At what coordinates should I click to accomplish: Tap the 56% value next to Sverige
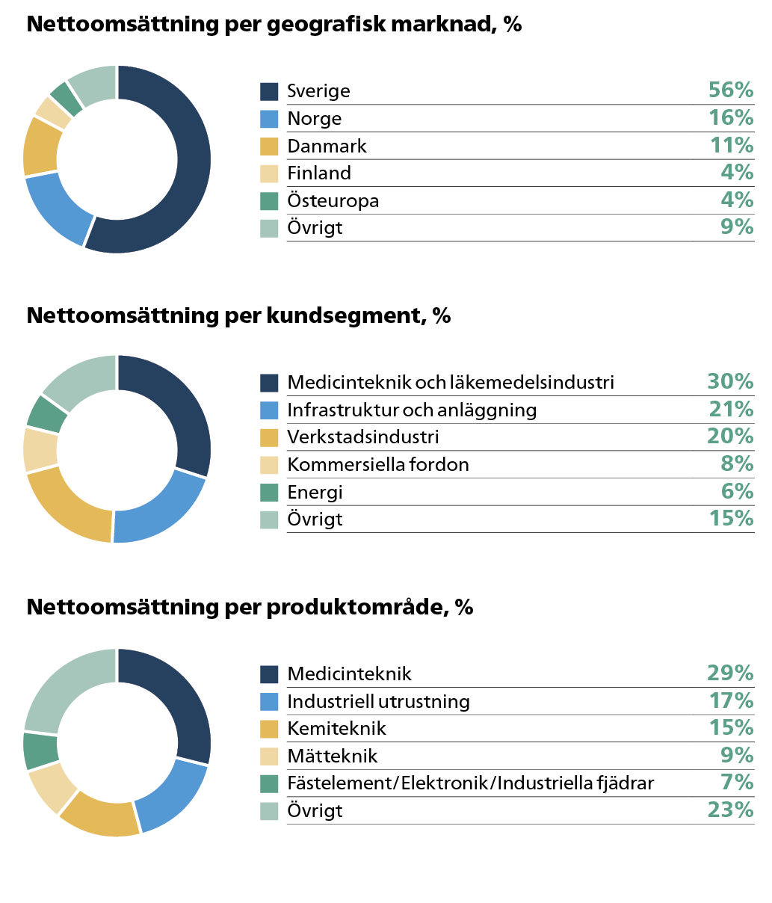coord(730,90)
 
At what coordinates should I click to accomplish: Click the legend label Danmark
coord(327,146)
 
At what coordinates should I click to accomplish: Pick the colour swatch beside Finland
coord(269,173)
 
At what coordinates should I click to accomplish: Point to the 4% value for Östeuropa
coord(736,200)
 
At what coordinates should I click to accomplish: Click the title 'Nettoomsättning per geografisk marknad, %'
coord(274,25)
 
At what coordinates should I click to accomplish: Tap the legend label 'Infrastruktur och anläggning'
coord(412,410)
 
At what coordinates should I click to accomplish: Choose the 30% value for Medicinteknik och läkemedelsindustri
coord(730,381)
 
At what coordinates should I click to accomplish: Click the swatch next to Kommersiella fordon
coord(269,465)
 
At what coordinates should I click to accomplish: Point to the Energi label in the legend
coord(315,492)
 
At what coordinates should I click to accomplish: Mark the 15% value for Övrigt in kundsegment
coord(730,518)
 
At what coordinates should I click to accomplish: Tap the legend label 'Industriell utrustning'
coord(378,701)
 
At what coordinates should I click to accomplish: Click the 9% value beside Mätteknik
coord(736,755)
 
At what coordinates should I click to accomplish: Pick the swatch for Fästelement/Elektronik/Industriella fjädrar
coord(269,783)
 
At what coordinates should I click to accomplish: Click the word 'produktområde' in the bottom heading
coord(354,607)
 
